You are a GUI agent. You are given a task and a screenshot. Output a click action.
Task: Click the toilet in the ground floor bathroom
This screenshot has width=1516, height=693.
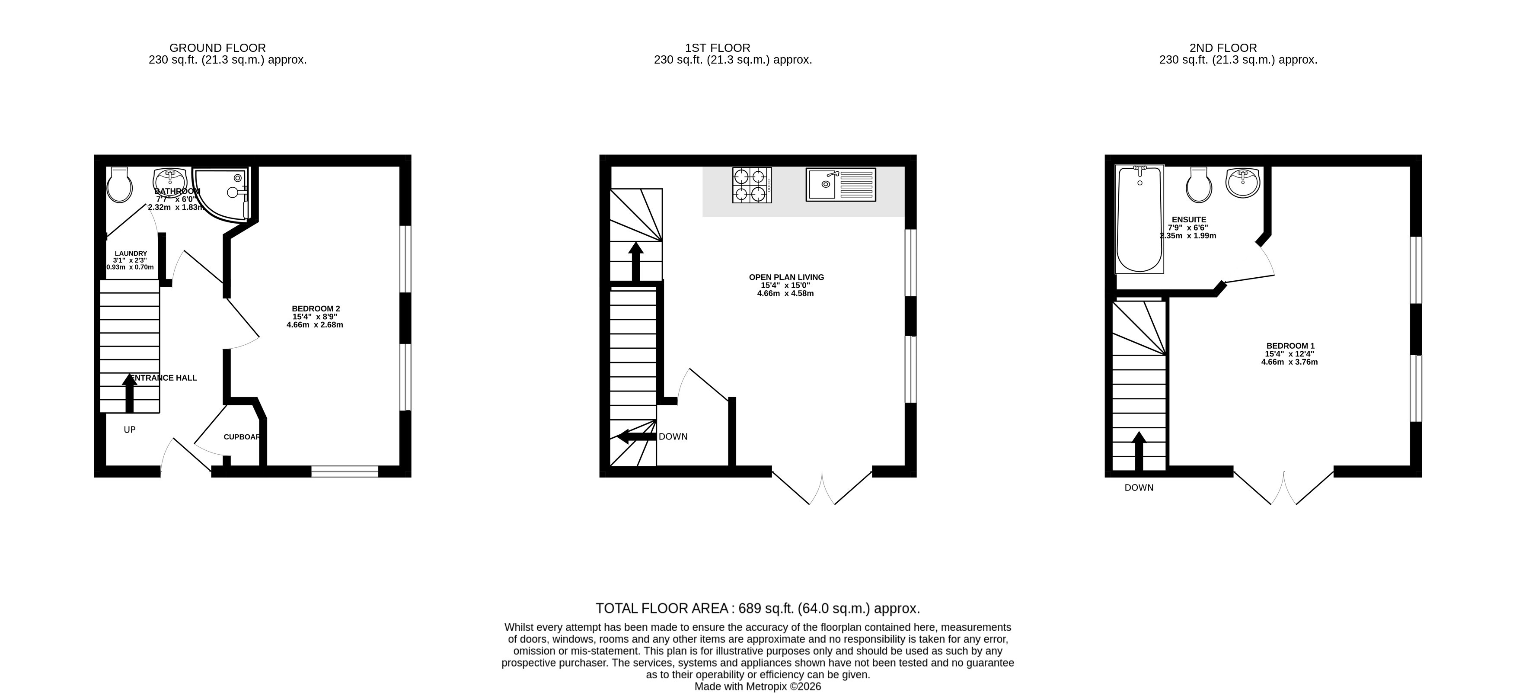(x=119, y=184)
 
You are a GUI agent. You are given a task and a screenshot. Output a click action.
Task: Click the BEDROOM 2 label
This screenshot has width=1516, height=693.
(x=316, y=308)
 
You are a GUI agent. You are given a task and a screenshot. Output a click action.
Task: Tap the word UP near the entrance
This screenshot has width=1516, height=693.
(x=130, y=430)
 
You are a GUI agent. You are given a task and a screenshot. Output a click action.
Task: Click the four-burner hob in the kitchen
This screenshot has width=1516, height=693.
(x=752, y=186)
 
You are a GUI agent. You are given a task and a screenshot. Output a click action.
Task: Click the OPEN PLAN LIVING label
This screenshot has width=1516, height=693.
(x=786, y=277)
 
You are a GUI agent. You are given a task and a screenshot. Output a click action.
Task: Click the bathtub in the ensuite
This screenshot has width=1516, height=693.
(x=1140, y=219)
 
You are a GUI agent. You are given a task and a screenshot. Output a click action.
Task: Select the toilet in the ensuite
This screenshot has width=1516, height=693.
(x=1199, y=185)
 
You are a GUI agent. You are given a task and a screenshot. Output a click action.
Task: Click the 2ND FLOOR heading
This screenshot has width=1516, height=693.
(x=1223, y=48)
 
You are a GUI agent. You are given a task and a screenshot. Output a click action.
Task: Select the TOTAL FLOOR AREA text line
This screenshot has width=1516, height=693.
(x=757, y=608)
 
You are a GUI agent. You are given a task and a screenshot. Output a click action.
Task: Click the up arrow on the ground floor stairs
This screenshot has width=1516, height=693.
(x=130, y=393)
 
